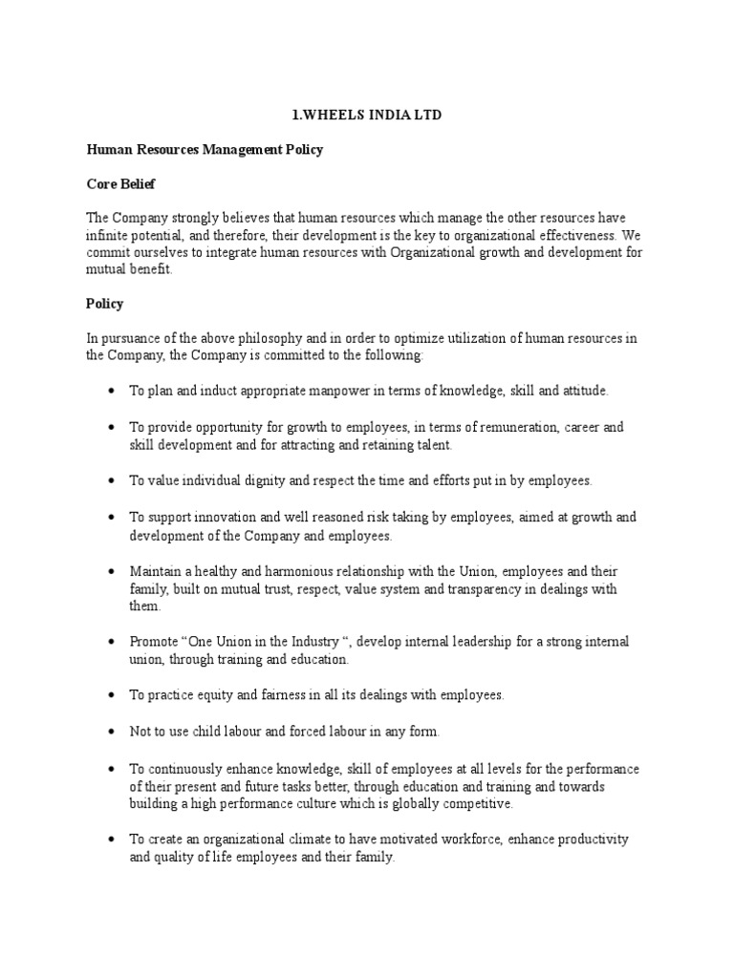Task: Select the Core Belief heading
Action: (121, 182)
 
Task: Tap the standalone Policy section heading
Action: (105, 304)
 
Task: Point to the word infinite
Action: (107, 235)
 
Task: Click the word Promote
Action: (152, 642)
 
